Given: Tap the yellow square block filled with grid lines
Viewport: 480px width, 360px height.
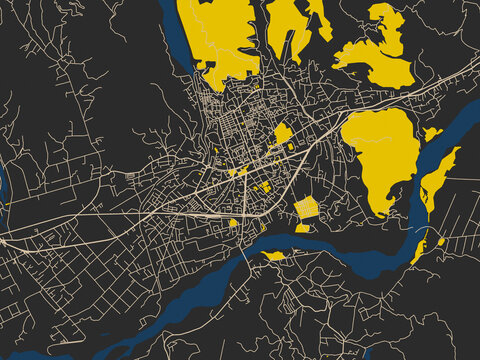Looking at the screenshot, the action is coord(306,208).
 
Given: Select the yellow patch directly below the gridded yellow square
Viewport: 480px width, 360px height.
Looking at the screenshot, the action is coord(302,228).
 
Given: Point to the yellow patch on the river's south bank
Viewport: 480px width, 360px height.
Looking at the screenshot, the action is coord(273,256).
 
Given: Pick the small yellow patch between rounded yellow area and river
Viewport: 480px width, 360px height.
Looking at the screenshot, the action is coord(431,133).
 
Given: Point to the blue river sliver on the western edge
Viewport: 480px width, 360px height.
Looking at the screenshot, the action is coord(3,190).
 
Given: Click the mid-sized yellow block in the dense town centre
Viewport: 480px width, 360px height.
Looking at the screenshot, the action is coord(282,132).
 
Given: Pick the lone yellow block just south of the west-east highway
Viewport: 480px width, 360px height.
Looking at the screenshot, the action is coord(233,223).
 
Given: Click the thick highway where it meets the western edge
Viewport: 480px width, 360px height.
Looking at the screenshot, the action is coord(4,240).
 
